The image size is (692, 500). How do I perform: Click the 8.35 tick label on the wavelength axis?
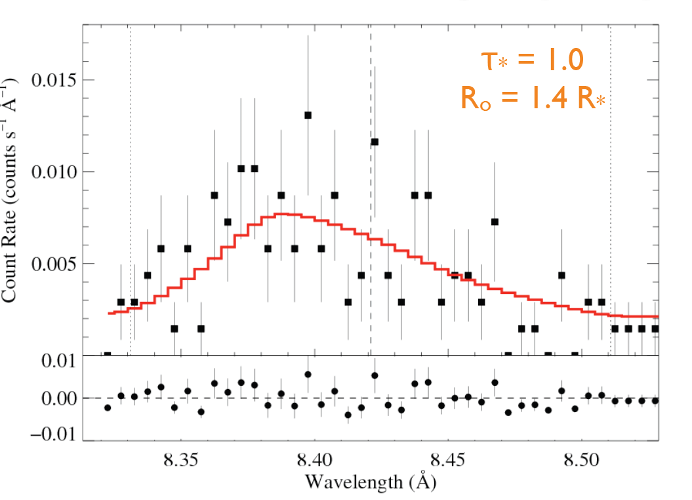point(182,457)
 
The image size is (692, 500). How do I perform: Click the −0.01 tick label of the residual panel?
point(50,436)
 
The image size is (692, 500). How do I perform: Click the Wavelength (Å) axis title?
point(371,482)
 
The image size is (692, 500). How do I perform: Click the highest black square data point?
point(308,115)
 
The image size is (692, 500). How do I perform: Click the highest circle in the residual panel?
point(308,374)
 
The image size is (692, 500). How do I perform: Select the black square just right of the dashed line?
point(375,142)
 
